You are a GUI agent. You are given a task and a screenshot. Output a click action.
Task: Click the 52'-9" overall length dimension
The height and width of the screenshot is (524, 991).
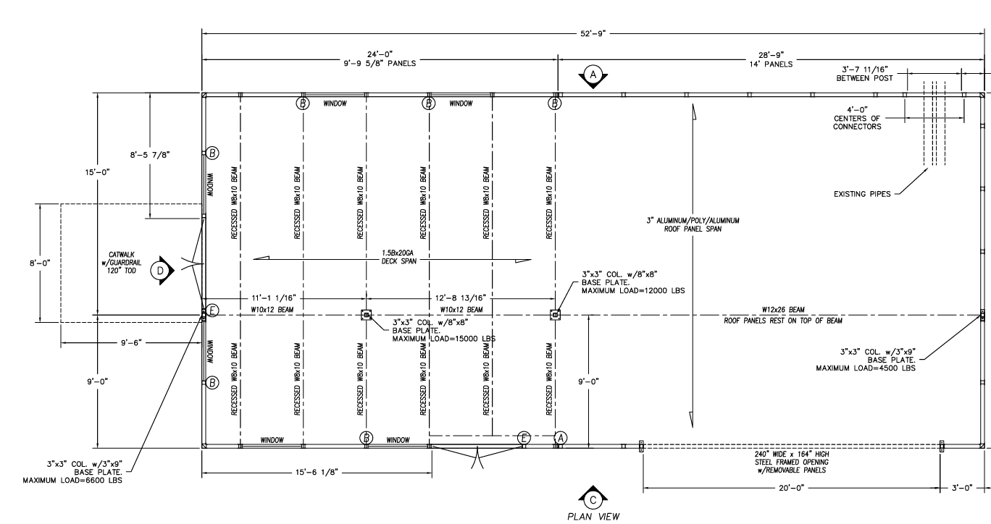point(593,33)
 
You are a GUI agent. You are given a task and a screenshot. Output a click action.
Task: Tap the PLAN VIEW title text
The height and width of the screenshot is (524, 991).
point(594,517)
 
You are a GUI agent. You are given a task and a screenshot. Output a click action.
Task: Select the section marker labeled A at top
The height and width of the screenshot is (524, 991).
point(593,75)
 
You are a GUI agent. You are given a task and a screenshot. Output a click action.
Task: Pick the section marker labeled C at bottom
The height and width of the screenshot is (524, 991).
point(593,499)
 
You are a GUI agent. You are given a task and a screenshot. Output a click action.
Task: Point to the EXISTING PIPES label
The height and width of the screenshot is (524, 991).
point(862,194)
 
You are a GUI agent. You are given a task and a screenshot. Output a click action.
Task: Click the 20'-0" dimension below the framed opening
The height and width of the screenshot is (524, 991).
point(792,488)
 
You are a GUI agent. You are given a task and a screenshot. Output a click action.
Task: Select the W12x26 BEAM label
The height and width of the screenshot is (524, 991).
point(783,310)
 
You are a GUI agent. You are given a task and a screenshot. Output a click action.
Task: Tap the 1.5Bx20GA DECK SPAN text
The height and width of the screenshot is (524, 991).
point(398,257)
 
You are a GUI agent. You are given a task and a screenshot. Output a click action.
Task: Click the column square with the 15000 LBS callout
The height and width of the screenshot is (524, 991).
point(367,315)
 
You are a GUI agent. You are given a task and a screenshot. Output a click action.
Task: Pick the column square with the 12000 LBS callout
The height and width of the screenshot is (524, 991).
point(555,315)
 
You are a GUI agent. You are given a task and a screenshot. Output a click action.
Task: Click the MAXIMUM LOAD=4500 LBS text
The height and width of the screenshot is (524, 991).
point(866,368)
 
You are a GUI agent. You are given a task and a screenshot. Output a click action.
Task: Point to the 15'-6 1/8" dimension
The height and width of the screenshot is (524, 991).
point(317,473)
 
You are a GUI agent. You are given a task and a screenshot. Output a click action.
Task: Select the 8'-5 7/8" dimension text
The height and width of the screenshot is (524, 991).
point(150,155)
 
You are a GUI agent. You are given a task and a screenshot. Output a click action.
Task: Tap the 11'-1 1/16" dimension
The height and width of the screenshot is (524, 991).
point(274,298)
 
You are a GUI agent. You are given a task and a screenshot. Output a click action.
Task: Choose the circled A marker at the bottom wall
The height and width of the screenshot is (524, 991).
point(561,438)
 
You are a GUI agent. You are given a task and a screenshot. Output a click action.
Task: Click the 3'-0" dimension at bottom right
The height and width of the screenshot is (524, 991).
point(962,488)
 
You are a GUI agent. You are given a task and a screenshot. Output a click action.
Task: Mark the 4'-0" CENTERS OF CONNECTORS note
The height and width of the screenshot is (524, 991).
point(857,118)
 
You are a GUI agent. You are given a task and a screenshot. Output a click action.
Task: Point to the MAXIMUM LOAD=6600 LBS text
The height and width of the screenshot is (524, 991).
point(72,481)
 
